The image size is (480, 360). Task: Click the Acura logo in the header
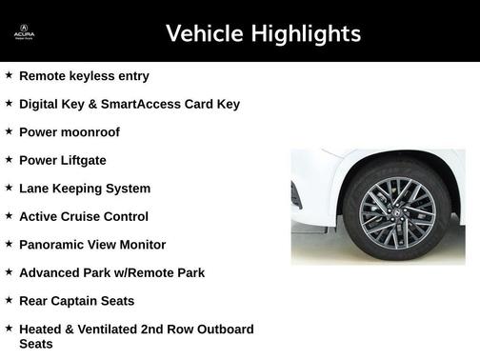24,33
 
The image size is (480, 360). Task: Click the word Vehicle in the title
204,34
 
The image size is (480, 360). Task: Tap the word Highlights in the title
305,34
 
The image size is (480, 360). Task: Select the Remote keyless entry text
84,75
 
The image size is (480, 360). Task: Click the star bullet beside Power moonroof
9,131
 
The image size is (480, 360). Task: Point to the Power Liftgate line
62,160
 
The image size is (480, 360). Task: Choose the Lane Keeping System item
85,189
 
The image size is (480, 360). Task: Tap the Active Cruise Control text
84,216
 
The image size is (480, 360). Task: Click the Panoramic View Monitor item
92,245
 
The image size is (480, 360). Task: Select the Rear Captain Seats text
76,301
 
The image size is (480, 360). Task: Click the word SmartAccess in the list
139,104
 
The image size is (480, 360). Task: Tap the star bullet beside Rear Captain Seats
9,300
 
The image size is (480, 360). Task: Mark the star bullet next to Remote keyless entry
9,74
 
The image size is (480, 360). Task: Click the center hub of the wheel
397,206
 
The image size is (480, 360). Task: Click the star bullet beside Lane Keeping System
9,188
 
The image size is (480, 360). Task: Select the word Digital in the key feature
41,104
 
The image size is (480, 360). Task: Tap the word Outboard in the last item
219,330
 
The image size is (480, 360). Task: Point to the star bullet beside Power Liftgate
9,159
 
